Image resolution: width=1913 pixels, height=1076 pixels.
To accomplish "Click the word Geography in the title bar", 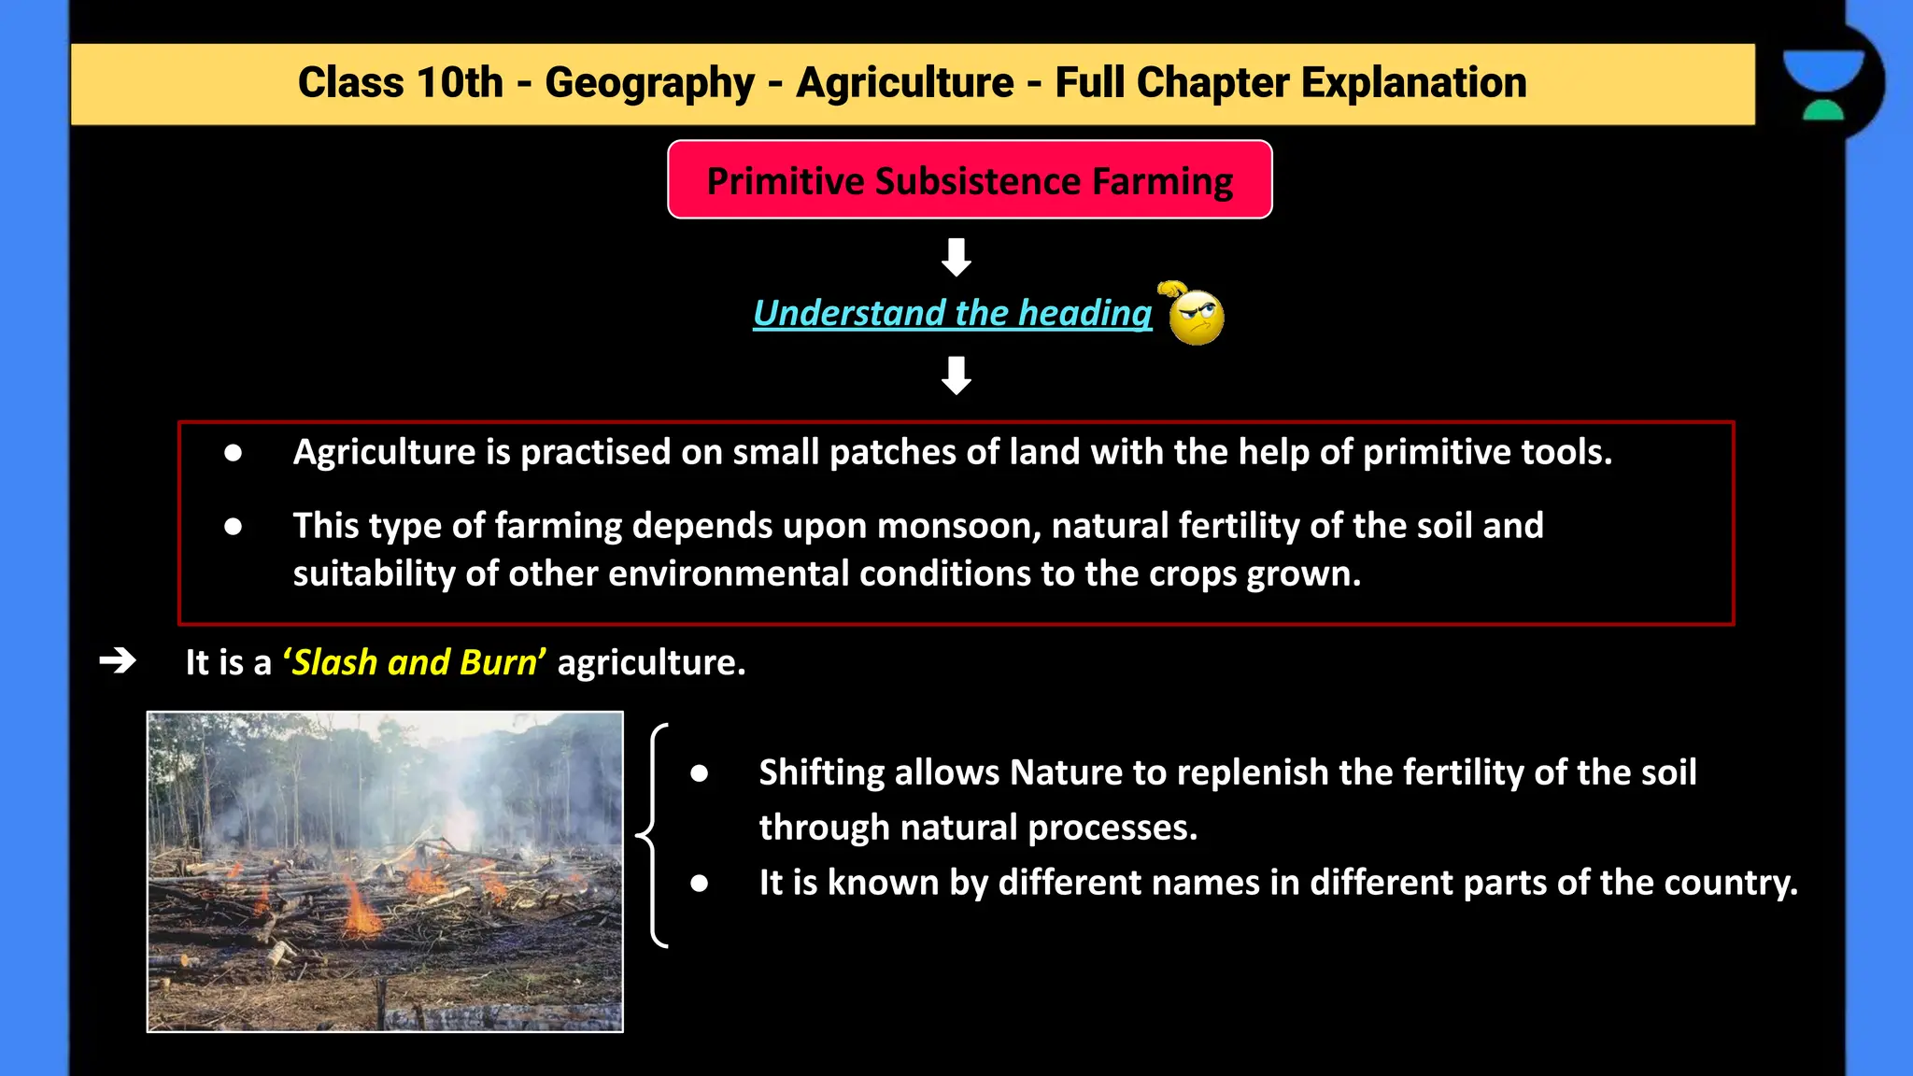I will pos(649,83).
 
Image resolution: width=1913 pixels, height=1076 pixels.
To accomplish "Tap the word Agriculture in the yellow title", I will pos(904,83).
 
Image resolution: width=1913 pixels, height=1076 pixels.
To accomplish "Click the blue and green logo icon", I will pos(1822,84).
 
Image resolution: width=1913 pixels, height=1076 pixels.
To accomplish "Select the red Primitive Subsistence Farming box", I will pos(970,180).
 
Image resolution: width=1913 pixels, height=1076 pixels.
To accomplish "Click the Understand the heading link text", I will pos(952,313).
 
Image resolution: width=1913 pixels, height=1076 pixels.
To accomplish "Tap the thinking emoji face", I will pos(1196,317).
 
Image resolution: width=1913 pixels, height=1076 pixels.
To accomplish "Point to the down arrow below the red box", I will pos(956,257).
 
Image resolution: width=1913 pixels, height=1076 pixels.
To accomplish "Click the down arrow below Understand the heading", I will pos(956,375).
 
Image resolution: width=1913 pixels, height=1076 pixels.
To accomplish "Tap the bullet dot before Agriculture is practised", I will pos(234,453).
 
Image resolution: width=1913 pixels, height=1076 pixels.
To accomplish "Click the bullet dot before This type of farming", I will pos(234,527).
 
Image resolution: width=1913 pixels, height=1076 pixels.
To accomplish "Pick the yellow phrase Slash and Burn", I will pos(415,662).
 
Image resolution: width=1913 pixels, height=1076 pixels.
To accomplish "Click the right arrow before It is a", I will pos(118,661).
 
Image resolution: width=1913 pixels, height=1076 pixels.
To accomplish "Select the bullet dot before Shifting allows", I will pos(700,773).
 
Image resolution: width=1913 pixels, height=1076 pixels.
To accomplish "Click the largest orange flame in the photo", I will pos(360,909).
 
